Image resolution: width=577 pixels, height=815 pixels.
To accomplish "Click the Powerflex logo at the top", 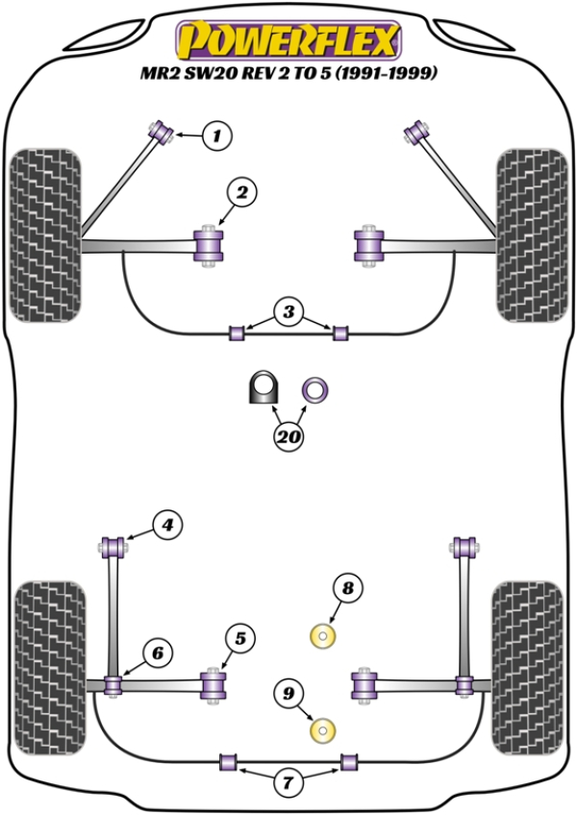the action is pyautogui.click(x=288, y=40).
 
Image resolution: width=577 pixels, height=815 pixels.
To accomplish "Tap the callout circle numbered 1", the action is pyautogui.click(x=216, y=136).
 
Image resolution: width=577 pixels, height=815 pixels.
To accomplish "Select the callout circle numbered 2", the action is pyautogui.click(x=242, y=192).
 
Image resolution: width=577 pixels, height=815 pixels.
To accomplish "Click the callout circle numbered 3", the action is pyautogui.click(x=288, y=311).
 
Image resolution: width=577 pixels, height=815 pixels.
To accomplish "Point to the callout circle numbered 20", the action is pyautogui.click(x=288, y=435).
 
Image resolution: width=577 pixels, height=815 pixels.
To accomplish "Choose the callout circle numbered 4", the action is pyautogui.click(x=167, y=525).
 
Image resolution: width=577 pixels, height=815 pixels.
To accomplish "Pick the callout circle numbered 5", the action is pyautogui.click(x=240, y=638).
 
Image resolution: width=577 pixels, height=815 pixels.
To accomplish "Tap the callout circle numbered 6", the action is pyautogui.click(x=158, y=653).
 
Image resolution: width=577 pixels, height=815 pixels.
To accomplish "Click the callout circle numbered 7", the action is pyautogui.click(x=288, y=781).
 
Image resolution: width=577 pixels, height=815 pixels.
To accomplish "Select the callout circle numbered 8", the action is pyautogui.click(x=347, y=588).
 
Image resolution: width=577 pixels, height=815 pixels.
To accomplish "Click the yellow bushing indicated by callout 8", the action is pyautogui.click(x=322, y=636).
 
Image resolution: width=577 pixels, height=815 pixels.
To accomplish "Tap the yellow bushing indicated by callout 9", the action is pyautogui.click(x=322, y=729).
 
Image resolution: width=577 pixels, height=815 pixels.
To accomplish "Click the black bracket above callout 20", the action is pyautogui.click(x=263, y=387).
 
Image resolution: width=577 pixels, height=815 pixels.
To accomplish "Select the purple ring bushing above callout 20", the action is pyautogui.click(x=314, y=390).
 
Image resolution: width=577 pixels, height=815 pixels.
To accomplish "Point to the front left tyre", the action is pyautogui.click(x=46, y=235).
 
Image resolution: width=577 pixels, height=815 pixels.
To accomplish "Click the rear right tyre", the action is pyautogui.click(x=528, y=669).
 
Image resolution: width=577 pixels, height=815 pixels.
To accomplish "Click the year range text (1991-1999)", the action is pyautogui.click(x=385, y=73).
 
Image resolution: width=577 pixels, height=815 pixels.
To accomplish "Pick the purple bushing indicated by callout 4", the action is pyautogui.click(x=113, y=547).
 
